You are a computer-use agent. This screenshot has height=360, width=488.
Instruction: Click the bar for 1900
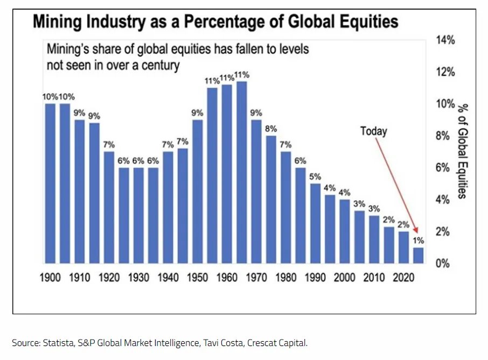50,183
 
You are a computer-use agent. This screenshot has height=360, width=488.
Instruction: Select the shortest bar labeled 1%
419,256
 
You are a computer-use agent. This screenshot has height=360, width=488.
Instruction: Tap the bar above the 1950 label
197,192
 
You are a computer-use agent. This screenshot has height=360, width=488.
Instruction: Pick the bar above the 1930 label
138,215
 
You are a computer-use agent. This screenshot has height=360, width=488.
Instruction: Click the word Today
373,131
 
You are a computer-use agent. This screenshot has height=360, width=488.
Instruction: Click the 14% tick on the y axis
445,40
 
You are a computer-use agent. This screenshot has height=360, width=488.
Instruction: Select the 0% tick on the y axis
442,263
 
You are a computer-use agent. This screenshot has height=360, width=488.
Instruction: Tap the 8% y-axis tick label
442,136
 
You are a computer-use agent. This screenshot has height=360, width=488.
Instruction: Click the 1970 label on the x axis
256,278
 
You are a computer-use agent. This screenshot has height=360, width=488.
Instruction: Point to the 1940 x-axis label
168,278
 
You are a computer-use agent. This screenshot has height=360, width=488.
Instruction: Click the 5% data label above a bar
315,176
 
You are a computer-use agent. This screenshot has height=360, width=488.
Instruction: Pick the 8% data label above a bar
271,128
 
